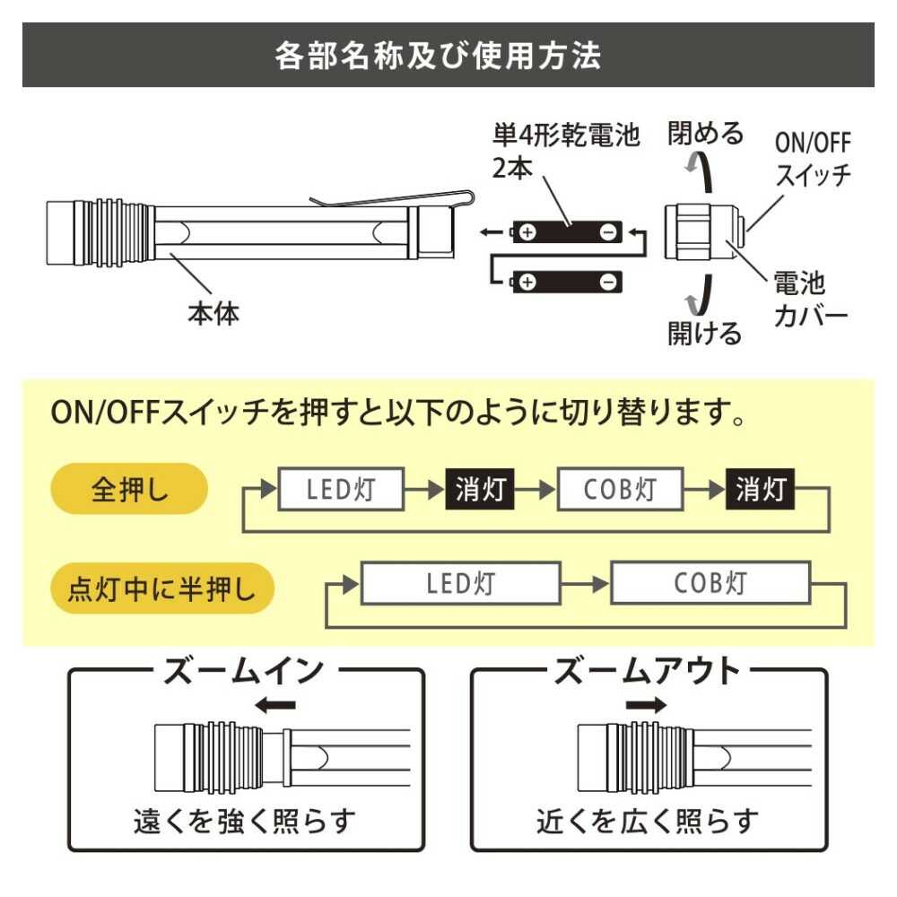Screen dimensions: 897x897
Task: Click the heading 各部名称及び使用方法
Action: (439, 56)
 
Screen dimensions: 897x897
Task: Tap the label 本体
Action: (213, 315)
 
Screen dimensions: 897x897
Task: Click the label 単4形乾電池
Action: (566, 135)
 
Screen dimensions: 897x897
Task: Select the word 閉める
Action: (706, 135)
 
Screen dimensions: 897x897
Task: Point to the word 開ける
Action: (705, 333)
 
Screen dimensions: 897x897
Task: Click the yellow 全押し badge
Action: (131, 490)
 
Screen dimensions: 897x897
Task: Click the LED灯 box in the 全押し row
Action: (341, 490)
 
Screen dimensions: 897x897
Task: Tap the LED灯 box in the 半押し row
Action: (460, 584)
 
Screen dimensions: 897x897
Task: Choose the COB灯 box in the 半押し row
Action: (710, 584)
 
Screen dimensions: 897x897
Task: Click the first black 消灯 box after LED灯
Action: (481, 490)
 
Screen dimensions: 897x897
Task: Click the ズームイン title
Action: (242, 671)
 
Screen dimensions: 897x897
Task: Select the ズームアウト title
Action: (648, 671)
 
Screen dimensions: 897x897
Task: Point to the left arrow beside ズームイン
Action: (275, 706)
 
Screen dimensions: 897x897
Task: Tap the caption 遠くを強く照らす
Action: (244, 819)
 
